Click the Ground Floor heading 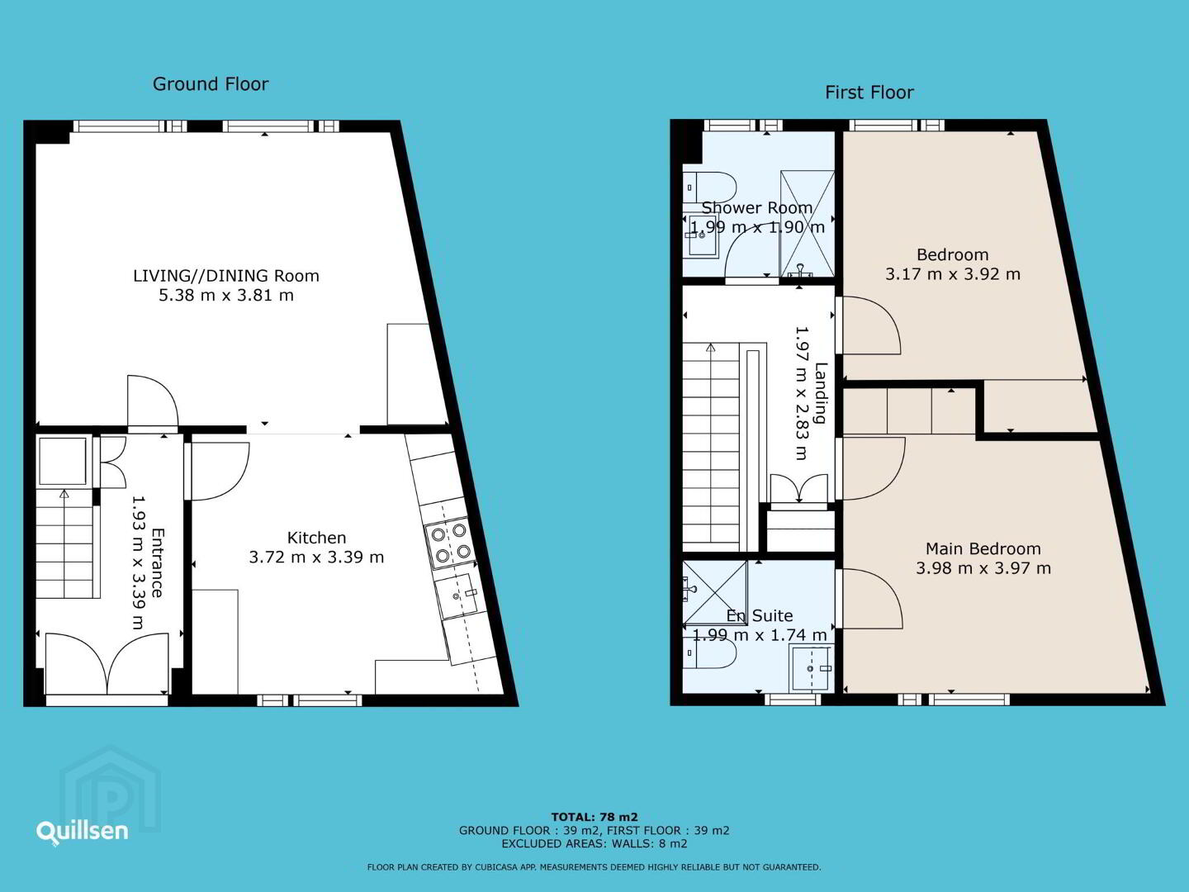pos(211,84)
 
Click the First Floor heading pos(869,93)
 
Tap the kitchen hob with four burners pos(451,542)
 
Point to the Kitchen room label pos(316,538)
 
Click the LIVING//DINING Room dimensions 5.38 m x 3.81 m pos(226,295)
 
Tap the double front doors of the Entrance pos(107,664)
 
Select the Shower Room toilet pos(709,187)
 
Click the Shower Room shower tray pos(807,224)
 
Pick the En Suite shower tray pos(714,592)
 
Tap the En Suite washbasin pos(810,668)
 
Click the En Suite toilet pos(708,653)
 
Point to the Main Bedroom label pos(983,548)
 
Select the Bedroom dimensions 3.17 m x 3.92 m pos(953,274)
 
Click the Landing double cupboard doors pos(799,490)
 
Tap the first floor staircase pos(711,447)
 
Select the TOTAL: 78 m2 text pos(594,817)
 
